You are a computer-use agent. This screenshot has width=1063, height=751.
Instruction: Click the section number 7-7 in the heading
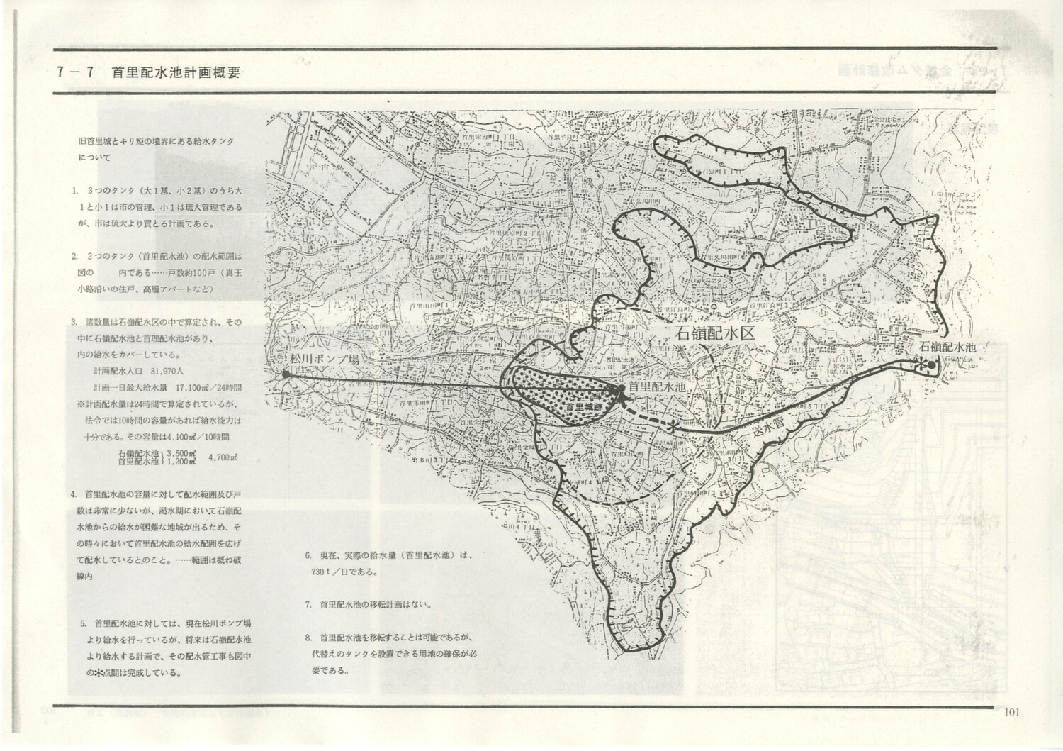(x=77, y=72)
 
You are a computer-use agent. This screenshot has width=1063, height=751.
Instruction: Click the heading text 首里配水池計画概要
(x=175, y=72)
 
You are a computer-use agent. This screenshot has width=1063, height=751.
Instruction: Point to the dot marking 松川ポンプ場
(x=284, y=373)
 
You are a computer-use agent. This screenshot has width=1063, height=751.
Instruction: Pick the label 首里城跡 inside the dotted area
(x=583, y=409)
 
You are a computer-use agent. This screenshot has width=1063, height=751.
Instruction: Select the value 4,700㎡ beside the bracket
(x=223, y=457)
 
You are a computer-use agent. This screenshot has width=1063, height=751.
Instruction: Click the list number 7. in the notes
(x=308, y=606)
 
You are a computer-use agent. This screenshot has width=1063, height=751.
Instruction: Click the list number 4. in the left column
(x=74, y=494)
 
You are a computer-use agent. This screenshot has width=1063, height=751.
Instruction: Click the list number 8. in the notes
(x=308, y=637)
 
